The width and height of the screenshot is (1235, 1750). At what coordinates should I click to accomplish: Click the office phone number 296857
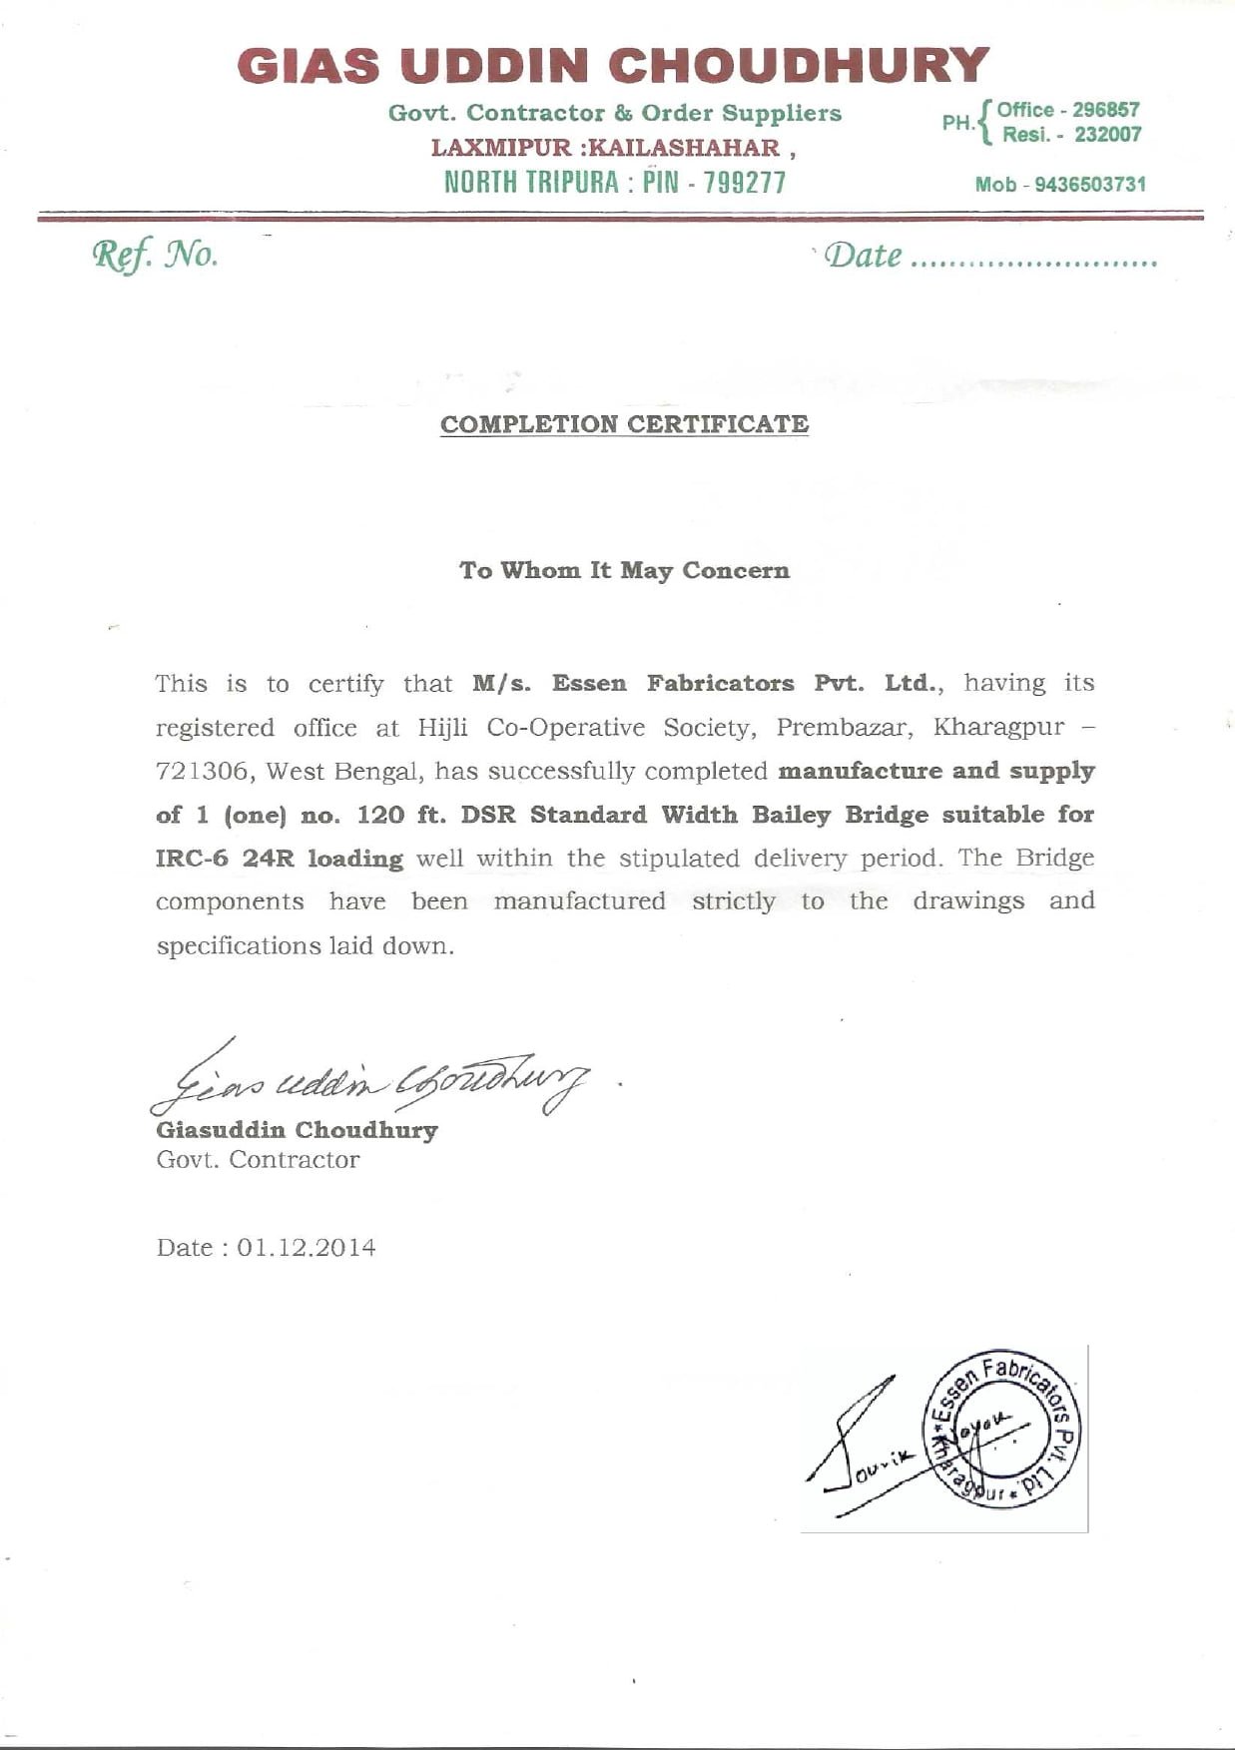tap(1105, 110)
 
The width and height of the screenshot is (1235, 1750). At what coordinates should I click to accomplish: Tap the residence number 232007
tap(1107, 135)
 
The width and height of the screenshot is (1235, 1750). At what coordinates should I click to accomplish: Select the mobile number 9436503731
tap(1089, 185)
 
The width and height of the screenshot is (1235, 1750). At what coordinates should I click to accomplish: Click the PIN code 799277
tap(745, 183)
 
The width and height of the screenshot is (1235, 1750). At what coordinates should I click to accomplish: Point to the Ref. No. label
tap(156, 256)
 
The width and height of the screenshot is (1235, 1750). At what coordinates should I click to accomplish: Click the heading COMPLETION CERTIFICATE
tap(624, 424)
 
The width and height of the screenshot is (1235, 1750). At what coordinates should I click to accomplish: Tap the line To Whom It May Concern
tap(624, 570)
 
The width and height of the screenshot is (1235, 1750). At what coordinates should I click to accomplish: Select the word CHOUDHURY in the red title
tap(799, 67)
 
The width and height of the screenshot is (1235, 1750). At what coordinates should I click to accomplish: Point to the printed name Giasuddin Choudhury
tap(297, 1130)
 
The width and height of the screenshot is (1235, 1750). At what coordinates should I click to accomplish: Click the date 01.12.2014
tap(307, 1248)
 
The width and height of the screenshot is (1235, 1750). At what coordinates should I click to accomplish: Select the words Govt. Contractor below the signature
tap(258, 1160)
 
